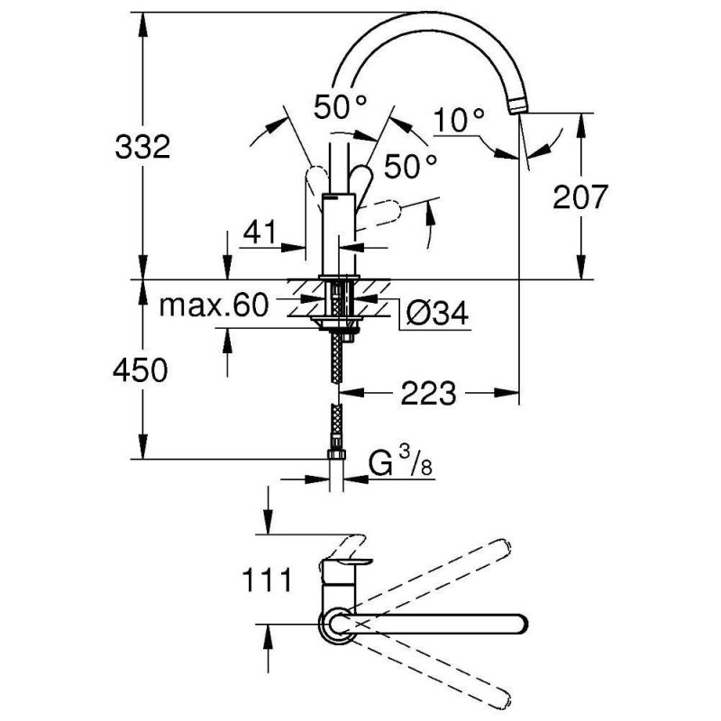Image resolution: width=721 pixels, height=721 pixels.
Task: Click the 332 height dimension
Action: tap(142, 146)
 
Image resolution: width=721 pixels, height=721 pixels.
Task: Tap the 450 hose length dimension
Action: tap(142, 370)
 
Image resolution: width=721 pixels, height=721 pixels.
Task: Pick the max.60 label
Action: tap(214, 306)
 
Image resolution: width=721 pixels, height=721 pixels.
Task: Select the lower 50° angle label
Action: tap(410, 166)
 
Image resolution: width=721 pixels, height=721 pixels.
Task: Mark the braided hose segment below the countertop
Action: tap(339, 360)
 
